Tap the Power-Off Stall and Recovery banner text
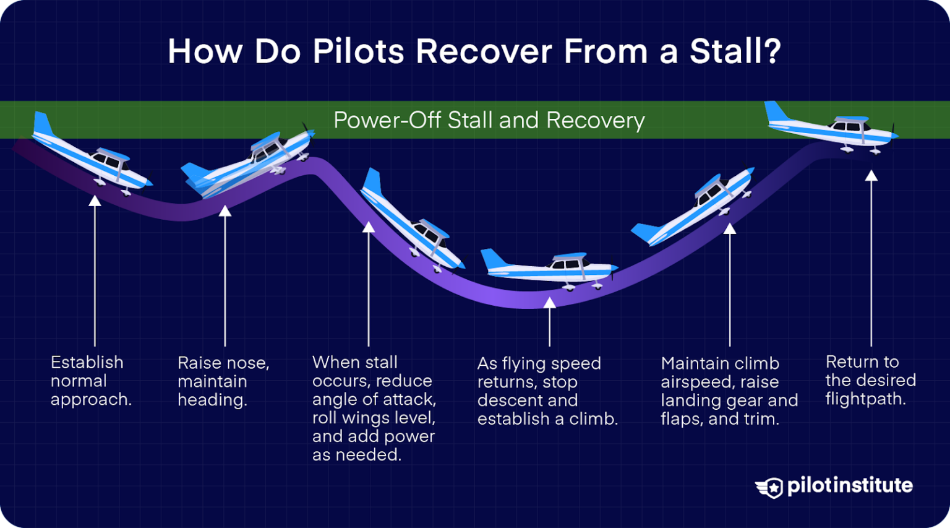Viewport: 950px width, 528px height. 489,120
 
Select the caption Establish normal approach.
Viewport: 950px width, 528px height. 90,381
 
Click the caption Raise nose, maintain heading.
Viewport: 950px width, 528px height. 223,381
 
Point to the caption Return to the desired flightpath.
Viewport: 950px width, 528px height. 870,380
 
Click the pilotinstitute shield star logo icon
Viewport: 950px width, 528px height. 771,487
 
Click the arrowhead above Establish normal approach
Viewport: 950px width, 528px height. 95,201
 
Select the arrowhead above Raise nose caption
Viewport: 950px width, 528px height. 225,211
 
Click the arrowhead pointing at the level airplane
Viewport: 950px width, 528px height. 549,302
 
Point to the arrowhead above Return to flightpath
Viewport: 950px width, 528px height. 871,176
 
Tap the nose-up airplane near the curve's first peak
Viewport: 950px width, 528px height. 247,162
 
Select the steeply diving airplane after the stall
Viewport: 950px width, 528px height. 411,225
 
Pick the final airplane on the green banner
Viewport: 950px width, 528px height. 832,128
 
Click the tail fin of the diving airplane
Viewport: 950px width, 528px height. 372,181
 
